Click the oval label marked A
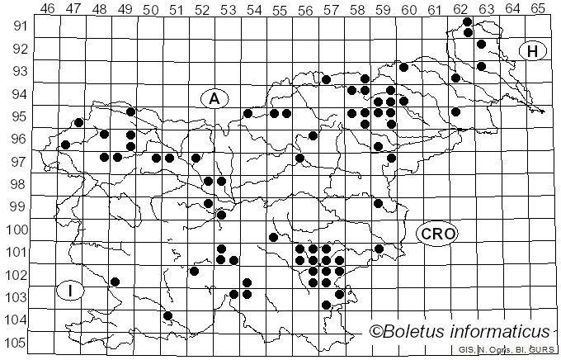[x=214, y=99]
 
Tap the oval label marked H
[x=533, y=51]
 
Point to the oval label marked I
[x=72, y=291]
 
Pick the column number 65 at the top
[x=538, y=8]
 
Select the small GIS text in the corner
[x=465, y=351]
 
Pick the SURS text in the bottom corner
[x=541, y=351]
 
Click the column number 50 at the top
[x=150, y=8]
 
